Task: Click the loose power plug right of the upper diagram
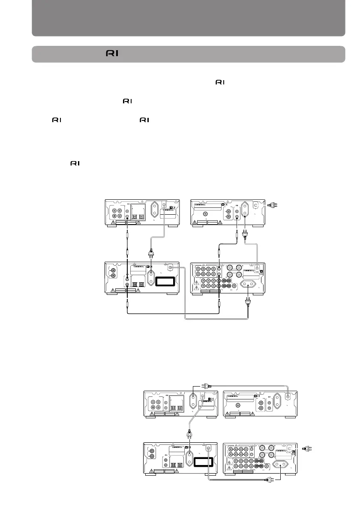coord(270,206)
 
